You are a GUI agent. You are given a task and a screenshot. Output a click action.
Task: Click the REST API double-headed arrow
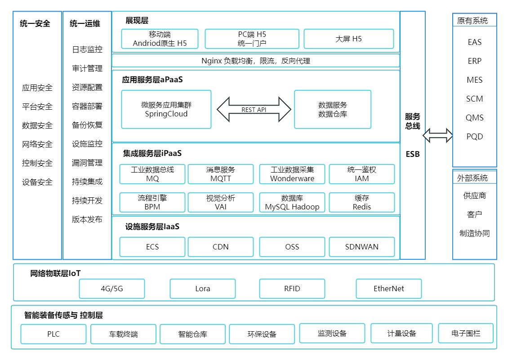tap(254, 110)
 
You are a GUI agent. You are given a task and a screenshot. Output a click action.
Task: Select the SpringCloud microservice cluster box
tap(166, 110)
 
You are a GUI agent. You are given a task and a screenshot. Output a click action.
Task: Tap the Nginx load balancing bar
tap(256, 61)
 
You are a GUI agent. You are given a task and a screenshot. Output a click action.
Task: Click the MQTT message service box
tap(221, 174)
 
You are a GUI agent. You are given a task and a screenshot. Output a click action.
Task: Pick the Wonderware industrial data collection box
tap(292, 174)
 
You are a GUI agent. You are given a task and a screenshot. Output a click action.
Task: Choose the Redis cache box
tap(362, 203)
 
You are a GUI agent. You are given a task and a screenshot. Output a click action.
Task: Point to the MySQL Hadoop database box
tap(292, 203)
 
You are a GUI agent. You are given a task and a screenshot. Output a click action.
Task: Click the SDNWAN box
tap(362, 247)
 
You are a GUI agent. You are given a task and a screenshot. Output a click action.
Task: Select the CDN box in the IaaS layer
tap(221, 247)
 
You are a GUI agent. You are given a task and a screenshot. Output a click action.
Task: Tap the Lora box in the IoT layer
tap(203, 289)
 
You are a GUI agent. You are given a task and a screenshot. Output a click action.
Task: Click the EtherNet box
tap(389, 289)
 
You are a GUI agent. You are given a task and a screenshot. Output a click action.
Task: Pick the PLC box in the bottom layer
tap(53, 334)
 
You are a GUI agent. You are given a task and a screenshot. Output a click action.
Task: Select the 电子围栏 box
tap(466, 333)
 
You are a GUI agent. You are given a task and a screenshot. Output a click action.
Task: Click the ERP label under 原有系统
tap(475, 61)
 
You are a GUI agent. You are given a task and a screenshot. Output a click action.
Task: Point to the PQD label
tap(475, 137)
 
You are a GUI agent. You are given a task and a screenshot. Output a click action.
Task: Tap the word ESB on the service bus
tap(413, 154)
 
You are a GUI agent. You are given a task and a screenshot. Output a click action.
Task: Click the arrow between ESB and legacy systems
tap(438, 135)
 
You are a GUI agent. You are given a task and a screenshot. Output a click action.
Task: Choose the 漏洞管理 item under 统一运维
tap(87, 163)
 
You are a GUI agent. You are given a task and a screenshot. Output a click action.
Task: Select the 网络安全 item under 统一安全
tap(37, 144)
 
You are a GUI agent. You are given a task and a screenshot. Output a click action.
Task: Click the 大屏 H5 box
tap(348, 39)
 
